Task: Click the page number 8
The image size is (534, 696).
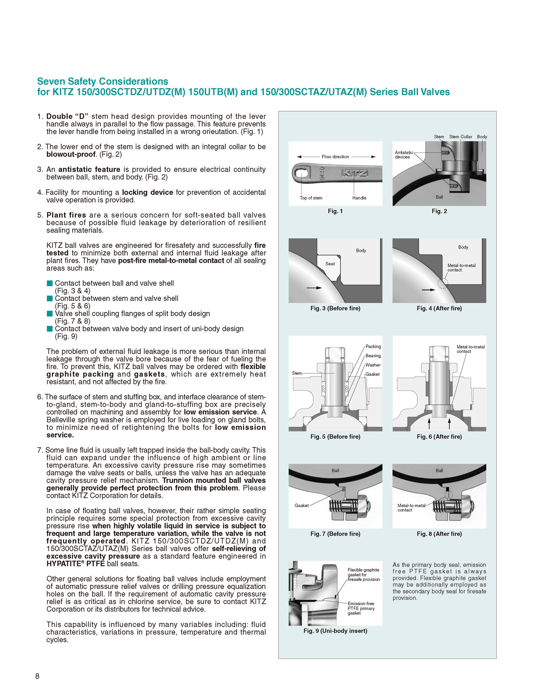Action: click(37, 676)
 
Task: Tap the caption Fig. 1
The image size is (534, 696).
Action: click(335, 211)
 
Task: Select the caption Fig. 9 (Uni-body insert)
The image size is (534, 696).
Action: click(335, 631)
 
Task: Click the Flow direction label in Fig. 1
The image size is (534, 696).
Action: click(335, 157)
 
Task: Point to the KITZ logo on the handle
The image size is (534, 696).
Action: click(354, 173)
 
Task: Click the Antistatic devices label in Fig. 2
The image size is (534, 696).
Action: click(403, 155)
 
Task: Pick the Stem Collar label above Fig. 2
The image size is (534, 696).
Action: click(460, 137)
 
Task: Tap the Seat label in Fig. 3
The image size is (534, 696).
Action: click(330, 264)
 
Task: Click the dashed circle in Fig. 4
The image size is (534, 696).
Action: click(443, 284)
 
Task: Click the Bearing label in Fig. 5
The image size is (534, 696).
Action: click(373, 356)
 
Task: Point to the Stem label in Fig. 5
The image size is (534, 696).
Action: click(297, 373)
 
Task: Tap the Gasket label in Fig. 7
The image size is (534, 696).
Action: click(302, 505)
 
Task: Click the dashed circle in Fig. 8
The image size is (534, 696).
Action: click(449, 495)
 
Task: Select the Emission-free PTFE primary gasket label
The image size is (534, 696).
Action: click(361, 608)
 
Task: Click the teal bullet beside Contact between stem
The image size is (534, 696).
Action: click(50, 298)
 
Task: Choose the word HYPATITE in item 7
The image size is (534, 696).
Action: click(63, 564)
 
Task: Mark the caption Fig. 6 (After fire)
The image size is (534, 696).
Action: click(439, 437)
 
